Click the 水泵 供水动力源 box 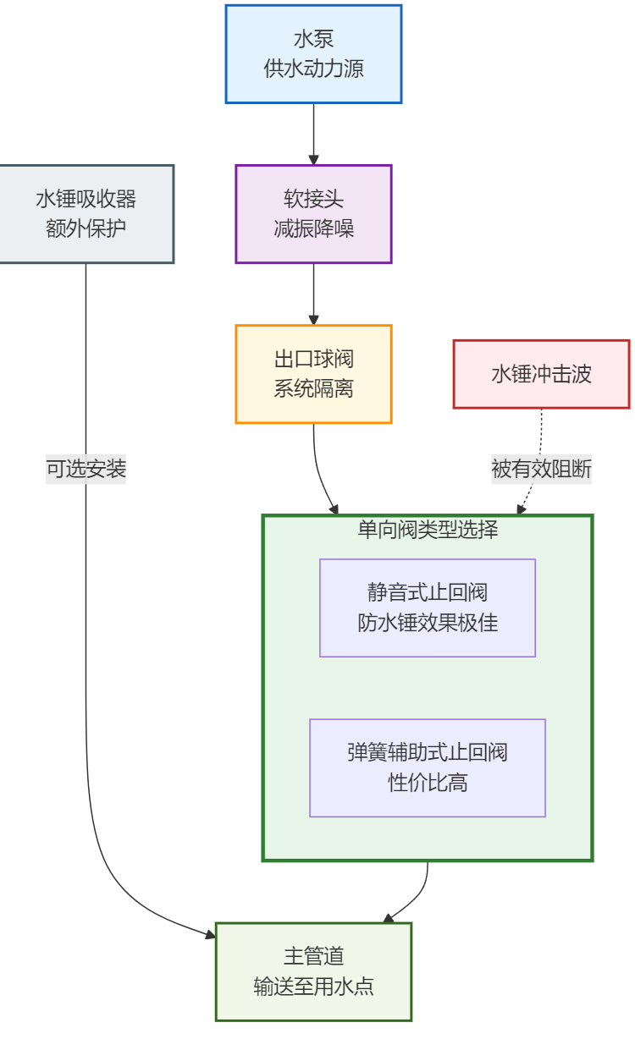313,54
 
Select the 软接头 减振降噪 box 313,213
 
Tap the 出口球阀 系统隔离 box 313,373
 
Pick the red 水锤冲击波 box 541,374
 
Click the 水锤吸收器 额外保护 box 86,213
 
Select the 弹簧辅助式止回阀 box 428,767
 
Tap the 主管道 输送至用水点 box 313,971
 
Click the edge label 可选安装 86,469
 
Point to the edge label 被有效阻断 541,469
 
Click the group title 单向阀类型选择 428,530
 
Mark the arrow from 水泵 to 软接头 313,134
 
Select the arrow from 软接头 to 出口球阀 313,294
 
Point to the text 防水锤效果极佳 428,624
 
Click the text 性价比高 428,783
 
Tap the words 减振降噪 313,228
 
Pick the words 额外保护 86,228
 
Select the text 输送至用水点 313,987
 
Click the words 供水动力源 313,69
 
